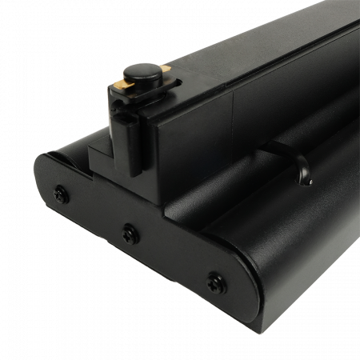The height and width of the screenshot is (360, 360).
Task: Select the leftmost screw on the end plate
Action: click(x=59, y=192)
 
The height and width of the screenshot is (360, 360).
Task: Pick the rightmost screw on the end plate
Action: click(x=213, y=279)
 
